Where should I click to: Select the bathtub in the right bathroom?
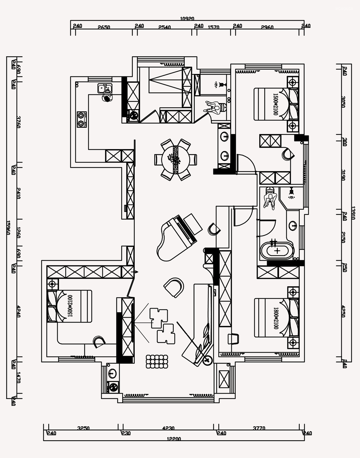pos(277,251)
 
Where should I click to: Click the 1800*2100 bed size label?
pos(276,318)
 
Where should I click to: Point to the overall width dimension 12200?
pos(174,439)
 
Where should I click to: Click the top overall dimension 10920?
pos(187,19)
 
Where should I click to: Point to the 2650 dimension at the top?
pos(104,27)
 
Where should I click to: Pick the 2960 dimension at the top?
pos(267,27)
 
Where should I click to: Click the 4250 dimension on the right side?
pos(344,312)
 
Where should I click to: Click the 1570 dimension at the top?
pos(213,27)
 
